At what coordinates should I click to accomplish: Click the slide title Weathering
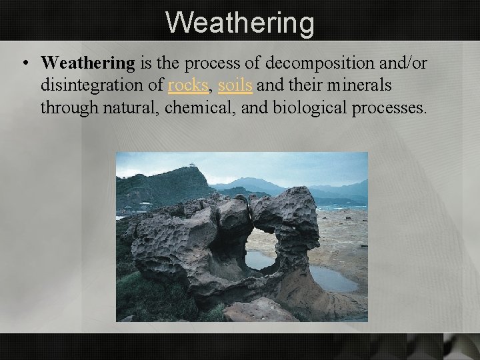[239, 22]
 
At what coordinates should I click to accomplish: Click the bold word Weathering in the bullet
[87, 63]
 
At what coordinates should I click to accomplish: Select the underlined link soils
[236, 85]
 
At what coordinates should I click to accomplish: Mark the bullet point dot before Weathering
[24, 64]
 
